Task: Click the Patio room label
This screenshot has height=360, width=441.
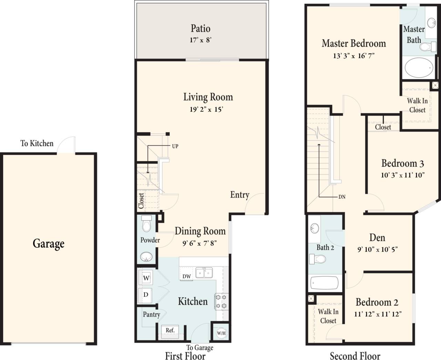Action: pyautogui.click(x=201, y=28)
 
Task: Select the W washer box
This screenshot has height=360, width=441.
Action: pyautogui.click(x=146, y=278)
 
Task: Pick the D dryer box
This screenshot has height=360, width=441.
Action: pyautogui.click(x=146, y=295)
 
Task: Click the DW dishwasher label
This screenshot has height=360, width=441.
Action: pyautogui.click(x=186, y=276)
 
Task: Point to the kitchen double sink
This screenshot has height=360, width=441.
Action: pyautogui.click(x=204, y=273)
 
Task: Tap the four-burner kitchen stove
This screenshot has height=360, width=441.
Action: pyautogui.click(x=221, y=301)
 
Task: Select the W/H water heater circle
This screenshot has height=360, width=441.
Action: pyautogui.click(x=221, y=333)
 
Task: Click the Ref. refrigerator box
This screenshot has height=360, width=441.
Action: pyautogui.click(x=170, y=330)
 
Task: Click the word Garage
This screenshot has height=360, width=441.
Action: pyautogui.click(x=49, y=244)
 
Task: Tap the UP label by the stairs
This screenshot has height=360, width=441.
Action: pyautogui.click(x=175, y=146)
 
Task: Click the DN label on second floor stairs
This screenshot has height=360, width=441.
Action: pyautogui.click(x=342, y=197)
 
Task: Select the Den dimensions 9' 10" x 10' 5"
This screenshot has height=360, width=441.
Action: pyautogui.click(x=377, y=249)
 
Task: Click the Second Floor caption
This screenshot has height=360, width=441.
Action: pyautogui.click(x=355, y=356)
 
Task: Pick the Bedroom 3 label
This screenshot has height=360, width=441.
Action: pyautogui.click(x=402, y=163)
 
